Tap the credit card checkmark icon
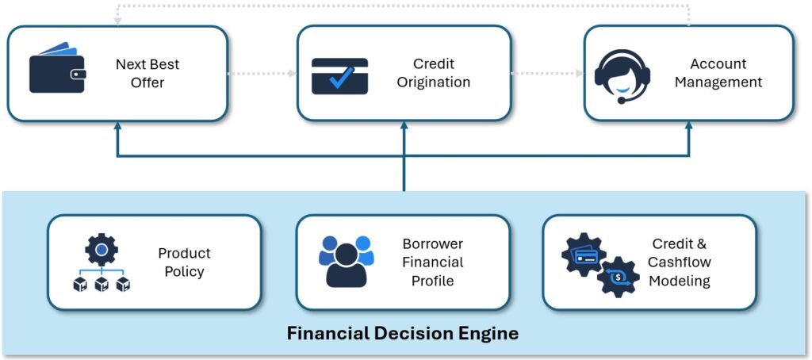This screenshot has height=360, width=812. (x=339, y=76)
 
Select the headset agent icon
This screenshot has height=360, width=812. (x=622, y=75)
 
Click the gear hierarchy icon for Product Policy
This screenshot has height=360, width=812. (x=101, y=262)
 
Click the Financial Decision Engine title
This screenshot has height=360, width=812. (x=403, y=333)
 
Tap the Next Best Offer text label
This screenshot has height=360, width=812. (x=147, y=73)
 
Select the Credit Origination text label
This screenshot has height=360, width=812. (x=434, y=73)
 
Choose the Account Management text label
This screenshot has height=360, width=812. (x=718, y=73)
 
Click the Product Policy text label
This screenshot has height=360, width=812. (x=184, y=262)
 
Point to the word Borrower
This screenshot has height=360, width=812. (x=432, y=244)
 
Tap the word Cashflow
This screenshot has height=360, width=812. (x=679, y=262)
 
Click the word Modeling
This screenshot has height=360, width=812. (x=679, y=280)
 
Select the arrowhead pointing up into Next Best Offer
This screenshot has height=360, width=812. (x=117, y=126)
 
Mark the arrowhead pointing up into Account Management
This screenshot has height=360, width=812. (x=688, y=126)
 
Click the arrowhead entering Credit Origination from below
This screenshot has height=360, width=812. (x=404, y=126)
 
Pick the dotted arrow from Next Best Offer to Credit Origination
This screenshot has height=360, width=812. (x=262, y=74)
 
